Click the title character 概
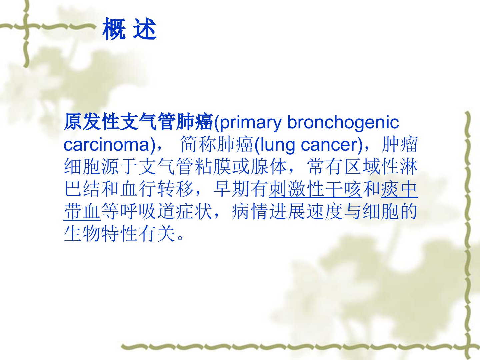point(114,29)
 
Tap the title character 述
point(145,29)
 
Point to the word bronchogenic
point(343,122)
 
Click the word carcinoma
point(106,145)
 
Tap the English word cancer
point(329,145)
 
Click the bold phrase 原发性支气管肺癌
point(139,122)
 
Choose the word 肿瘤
point(400,144)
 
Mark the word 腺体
point(269,167)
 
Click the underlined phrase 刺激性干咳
point(315,189)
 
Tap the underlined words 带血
point(82,211)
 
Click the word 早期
point(232,189)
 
